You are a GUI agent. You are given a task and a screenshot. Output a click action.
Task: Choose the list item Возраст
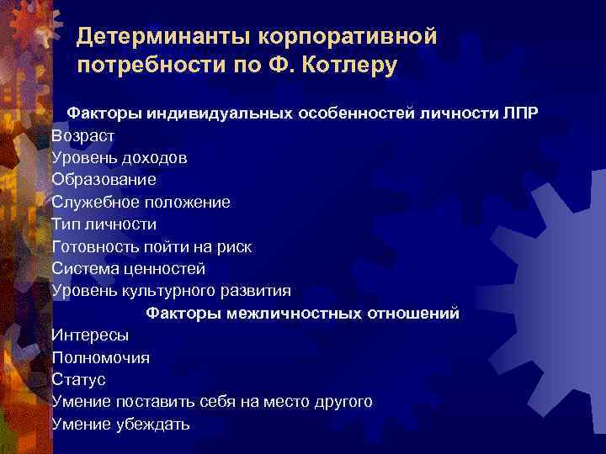pyautogui.click(x=82, y=135)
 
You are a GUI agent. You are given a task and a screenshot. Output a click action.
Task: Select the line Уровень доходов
pyautogui.click(x=119, y=157)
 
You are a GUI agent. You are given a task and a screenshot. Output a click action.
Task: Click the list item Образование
pyautogui.click(x=104, y=180)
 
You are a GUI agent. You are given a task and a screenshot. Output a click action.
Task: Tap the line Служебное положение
pyautogui.click(x=141, y=202)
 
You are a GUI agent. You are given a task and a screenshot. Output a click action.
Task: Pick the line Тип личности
pyautogui.click(x=104, y=224)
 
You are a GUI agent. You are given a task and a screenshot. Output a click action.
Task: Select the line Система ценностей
pyautogui.click(x=128, y=269)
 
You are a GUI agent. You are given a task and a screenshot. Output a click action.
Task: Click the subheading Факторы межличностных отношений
pyautogui.click(x=303, y=314)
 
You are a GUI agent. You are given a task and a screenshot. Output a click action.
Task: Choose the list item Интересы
pyautogui.click(x=90, y=335)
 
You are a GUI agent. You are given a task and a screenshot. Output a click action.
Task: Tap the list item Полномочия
pyautogui.click(x=100, y=358)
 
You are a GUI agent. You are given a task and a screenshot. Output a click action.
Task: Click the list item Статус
pyautogui.click(x=78, y=380)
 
